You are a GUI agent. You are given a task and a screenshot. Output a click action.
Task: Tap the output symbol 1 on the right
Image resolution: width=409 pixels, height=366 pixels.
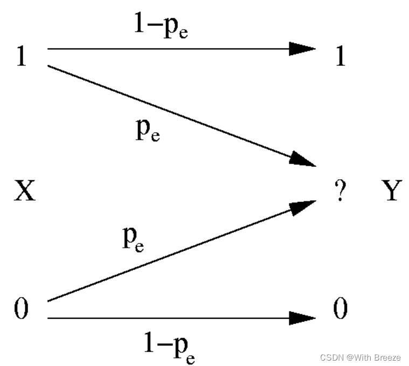click(340, 56)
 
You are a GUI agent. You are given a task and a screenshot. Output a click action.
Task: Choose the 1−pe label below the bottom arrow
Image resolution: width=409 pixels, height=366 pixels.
click(169, 345)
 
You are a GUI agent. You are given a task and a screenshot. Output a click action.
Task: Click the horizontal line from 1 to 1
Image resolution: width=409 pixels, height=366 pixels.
click(162, 49)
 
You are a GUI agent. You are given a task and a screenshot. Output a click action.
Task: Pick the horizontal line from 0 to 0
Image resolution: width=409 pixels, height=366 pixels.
click(162, 318)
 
